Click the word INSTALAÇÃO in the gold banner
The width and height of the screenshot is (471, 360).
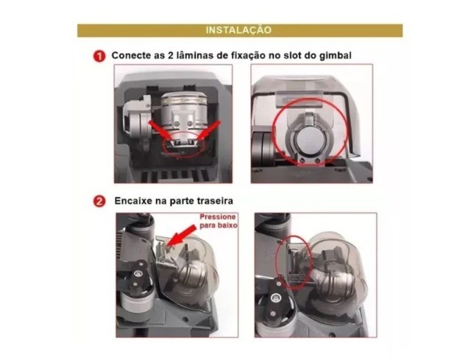tap(240, 30)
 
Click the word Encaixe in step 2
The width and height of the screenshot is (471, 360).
tap(133, 200)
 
